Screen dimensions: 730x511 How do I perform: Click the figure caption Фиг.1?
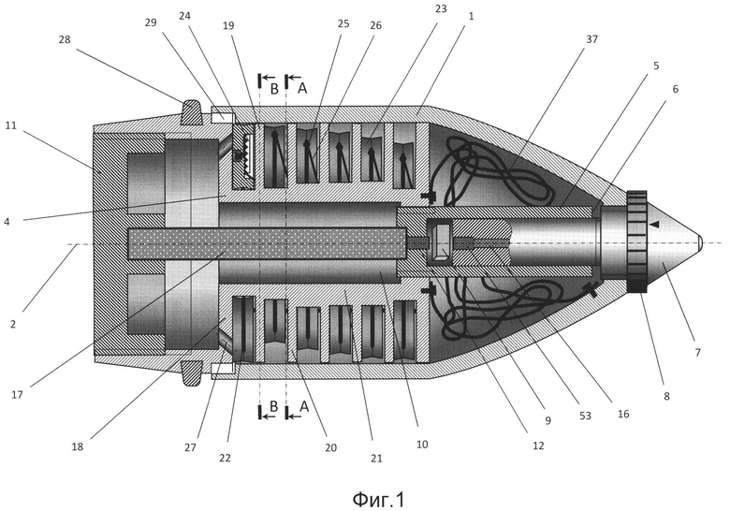(x=378, y=500)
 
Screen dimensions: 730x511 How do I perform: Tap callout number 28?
(x=65, y=39)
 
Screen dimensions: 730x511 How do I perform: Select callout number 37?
(x=591, y=39)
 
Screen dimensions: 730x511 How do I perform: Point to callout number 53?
(x=585, y=416)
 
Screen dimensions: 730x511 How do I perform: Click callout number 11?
(x=11, y=125)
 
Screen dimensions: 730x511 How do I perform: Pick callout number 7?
(x=698, y=353)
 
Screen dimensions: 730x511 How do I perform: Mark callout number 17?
(x=17, y=395)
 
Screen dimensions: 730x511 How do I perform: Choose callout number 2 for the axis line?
(x=13, y=324)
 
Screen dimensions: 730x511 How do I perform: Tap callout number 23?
(x=441, y=8)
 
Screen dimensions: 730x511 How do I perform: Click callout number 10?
(x=422, y=445)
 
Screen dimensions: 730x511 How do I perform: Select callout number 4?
(x=6, y=222)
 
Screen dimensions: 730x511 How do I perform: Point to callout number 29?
(x=151, y=22)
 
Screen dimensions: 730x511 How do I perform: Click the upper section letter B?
(x=274, y=89)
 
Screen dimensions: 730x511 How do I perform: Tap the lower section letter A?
(x=304, y=407)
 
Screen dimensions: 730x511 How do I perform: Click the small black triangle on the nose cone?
(x=654, y=225)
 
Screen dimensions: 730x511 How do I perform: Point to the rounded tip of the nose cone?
(x=700, y=242)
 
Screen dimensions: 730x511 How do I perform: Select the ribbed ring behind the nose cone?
(x=637, y=241)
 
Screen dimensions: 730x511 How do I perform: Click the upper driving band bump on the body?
(x=191, y=112)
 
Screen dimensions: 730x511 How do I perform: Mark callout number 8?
(x=666, y=397)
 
